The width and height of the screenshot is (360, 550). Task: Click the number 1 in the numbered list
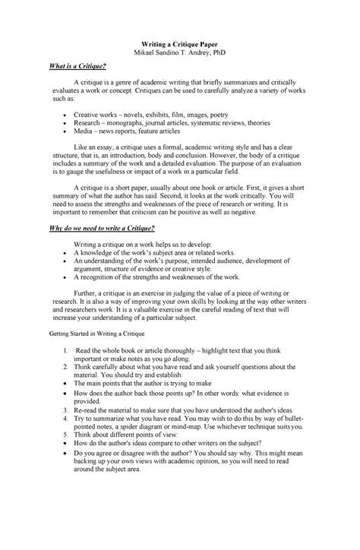pos(68,351)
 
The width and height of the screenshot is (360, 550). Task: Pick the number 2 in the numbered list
pos(68,367)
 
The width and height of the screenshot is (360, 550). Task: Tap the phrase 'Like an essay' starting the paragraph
pos(93,144)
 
